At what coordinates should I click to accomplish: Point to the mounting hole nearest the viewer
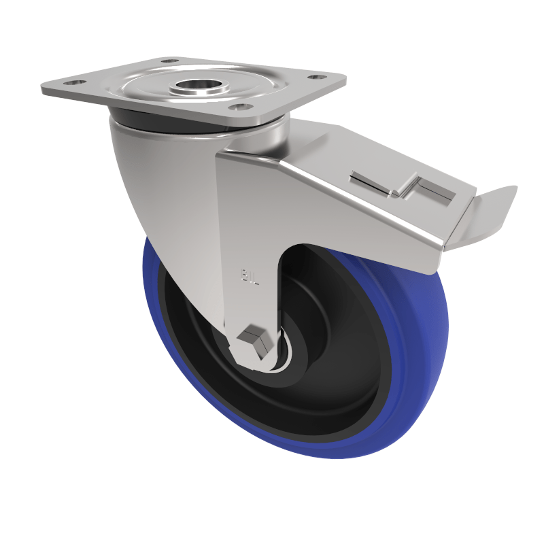click(236, 107)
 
